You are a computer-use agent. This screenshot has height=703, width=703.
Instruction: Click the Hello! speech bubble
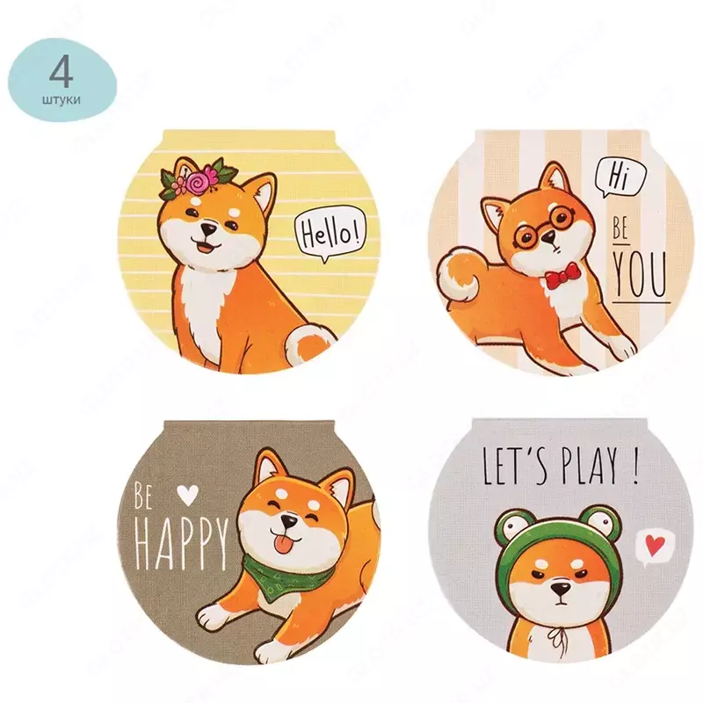point(330,235)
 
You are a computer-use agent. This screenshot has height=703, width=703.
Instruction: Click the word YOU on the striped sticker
point(641,276)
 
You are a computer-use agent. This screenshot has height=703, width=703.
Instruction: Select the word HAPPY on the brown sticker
point(181,534)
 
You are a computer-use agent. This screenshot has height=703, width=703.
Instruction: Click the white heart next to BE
point(186,495)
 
